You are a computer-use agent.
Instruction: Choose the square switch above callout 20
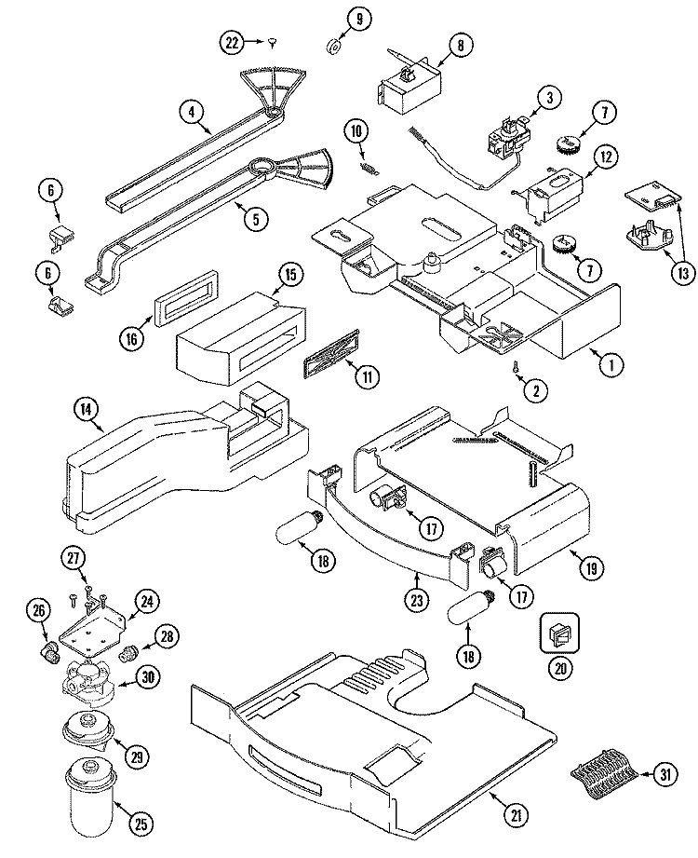pos(557,635)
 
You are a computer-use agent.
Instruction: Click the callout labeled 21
pos(513,814)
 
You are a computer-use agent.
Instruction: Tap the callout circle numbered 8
pos(461,43)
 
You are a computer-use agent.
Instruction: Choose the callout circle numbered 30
pos(146,676)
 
